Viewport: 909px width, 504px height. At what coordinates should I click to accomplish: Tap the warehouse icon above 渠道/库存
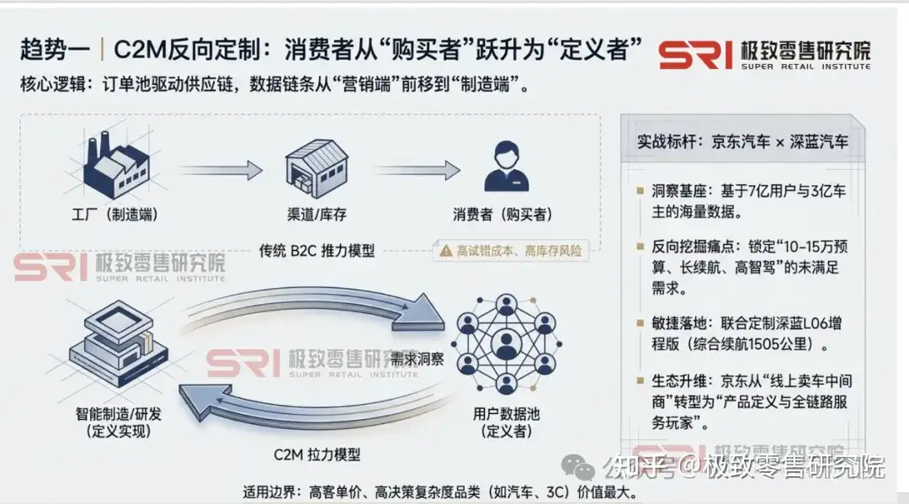point(316,167)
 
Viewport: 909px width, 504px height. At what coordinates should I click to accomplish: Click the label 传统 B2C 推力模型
point(316,250)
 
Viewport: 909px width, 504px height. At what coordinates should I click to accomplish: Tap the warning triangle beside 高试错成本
point(445,250)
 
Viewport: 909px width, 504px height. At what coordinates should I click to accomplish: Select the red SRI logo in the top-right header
point(694,55)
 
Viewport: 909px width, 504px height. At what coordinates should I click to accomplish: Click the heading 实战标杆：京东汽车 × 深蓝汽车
point(743,142)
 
